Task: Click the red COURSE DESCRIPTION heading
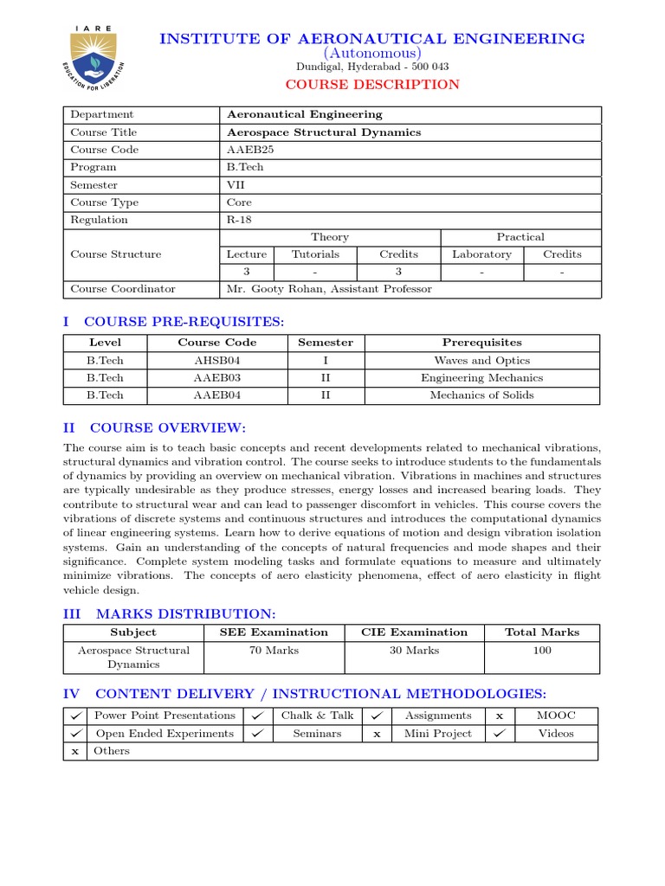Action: pos(372,85)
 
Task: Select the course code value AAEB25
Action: pos(250,150)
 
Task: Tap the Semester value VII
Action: pos(236,185)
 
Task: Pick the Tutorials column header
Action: pos(315,254)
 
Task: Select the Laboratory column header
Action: pos(481,254)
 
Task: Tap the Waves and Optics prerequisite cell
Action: pos(481,361)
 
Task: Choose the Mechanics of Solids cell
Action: pos(481,395)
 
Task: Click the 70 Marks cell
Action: pos(274,651)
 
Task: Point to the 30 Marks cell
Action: pos(414,651)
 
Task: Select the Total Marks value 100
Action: pos(542,651)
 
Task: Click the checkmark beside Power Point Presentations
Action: pos(76,716)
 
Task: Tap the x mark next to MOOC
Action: pos(499,716)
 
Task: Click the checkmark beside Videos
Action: pos(499,734)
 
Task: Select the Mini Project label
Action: pos(438,734)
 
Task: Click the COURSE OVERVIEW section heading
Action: pos(168,428)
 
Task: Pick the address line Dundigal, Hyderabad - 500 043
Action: pos(372,67)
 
